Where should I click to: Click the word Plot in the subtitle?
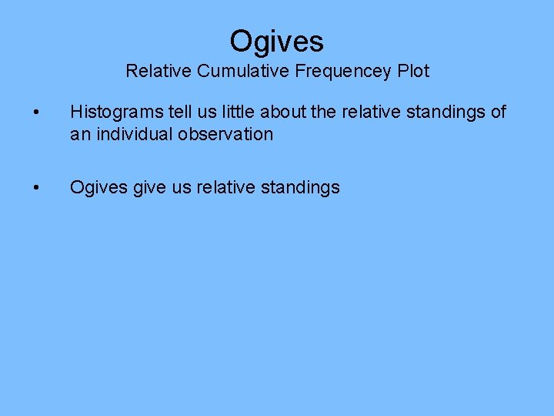coord(413,72)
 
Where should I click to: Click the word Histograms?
coord(116,112)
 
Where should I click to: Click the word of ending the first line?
coord(499,112)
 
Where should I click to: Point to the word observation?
coord(234,134)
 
